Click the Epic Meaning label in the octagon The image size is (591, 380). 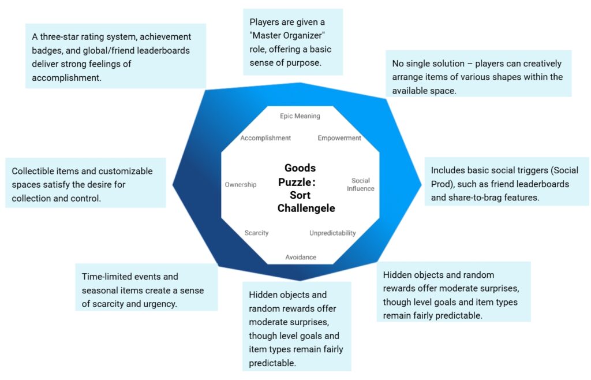click(300, 116)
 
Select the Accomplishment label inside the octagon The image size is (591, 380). click(265, 138)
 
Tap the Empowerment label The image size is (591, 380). click(339, 138)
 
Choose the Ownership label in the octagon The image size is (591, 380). click(241, 185)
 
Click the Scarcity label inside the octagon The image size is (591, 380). click(256, 233)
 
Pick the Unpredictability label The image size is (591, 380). click(332, 233)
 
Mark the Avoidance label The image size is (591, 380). click(301, 257)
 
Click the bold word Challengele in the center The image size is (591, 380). click(306, 208)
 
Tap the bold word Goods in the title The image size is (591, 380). click(300, 168)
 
